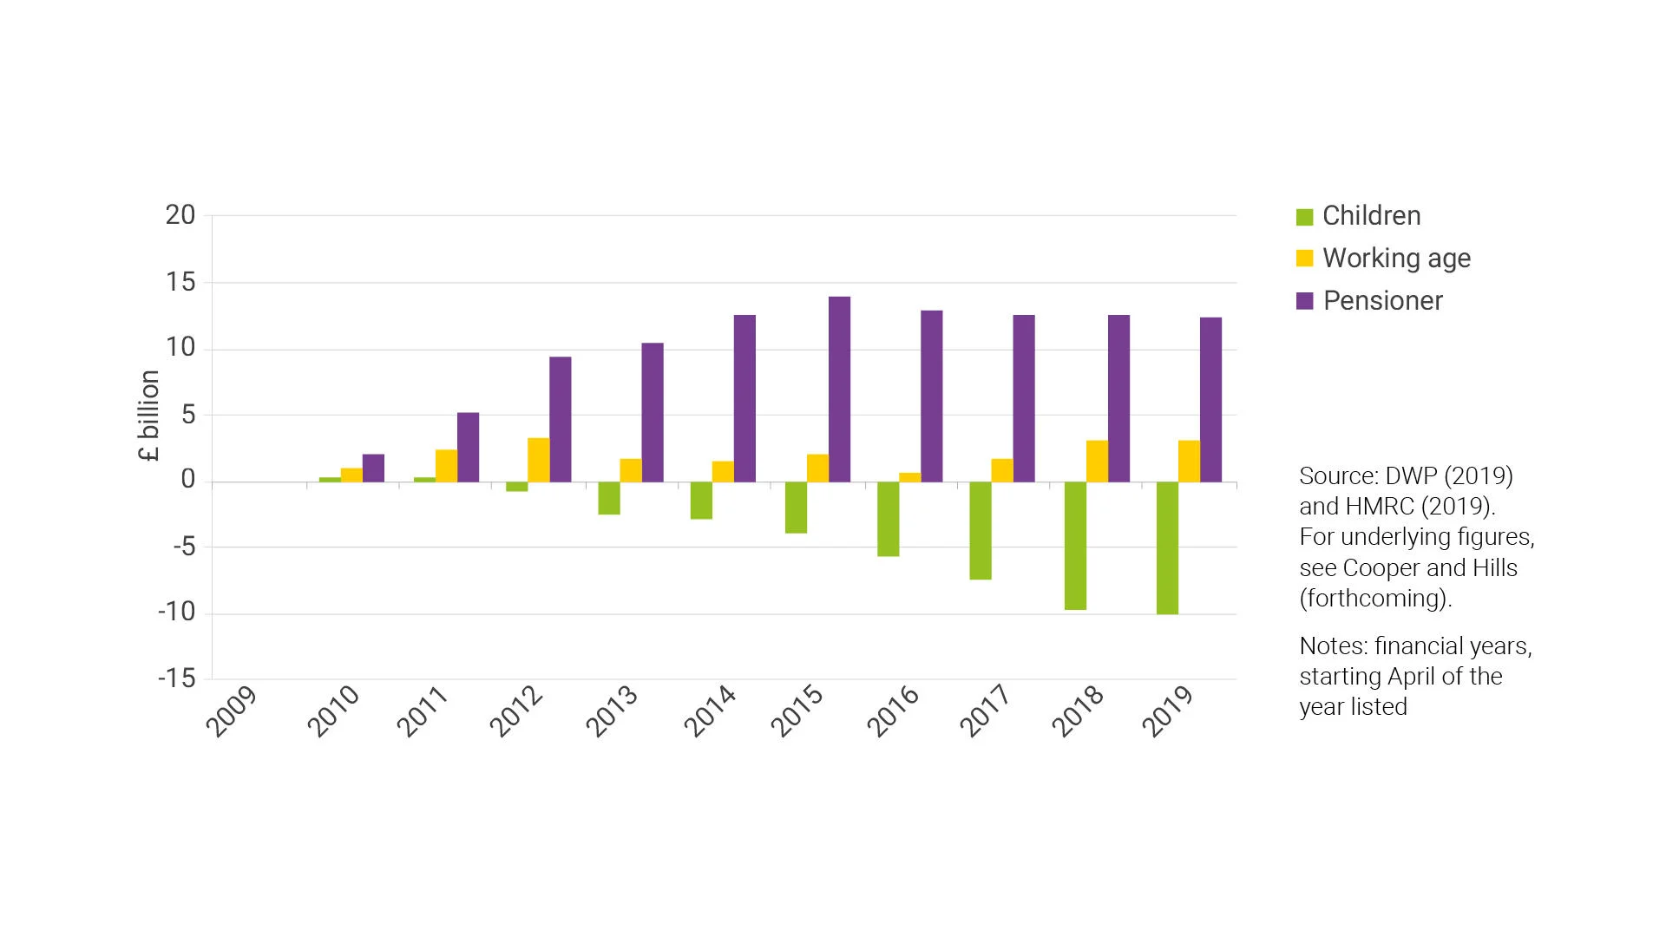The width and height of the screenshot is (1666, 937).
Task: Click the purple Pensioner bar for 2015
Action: click(839, 389)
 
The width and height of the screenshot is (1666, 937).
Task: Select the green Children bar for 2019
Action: click(1167, 547)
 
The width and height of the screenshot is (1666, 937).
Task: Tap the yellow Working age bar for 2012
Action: click(538, 460)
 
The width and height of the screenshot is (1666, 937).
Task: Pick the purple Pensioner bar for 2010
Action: click(373, 468)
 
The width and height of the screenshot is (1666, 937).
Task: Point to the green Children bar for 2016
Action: click(888, 519)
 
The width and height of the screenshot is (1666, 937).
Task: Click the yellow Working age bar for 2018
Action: click(1097, 461)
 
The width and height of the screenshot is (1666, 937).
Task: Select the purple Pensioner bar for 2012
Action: click(560, 419)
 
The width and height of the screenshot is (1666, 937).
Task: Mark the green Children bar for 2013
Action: click(609, 498)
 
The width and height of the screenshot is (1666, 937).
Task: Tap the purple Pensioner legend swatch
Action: click(1304, 301)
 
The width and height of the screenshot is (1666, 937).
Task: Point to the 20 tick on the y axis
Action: click(180, 215)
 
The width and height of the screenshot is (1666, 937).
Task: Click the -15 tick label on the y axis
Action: click(177, 678)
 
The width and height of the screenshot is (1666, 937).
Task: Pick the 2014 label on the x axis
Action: click(710, 711)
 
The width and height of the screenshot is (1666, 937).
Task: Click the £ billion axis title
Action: click(149, 415)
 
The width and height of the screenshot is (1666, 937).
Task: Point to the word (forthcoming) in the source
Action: click(1374, 599)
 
